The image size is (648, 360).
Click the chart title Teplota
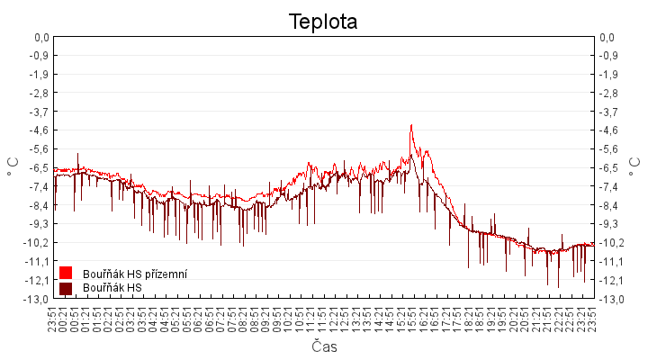tap(323, 22)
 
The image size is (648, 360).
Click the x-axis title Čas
tap(323, 346)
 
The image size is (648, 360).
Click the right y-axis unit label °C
tap(635, 167)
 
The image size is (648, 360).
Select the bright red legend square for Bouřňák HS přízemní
tap(65, 273)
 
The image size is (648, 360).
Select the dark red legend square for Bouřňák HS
tap(65, 288)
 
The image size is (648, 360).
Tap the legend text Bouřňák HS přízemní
tap(134, 273)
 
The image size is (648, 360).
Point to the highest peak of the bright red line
tap(411, 125)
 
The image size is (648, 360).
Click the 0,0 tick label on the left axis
tap(40, 37)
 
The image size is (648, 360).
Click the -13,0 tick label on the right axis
tap(610, 299)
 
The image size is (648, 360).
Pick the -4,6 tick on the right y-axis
tap(608, 130)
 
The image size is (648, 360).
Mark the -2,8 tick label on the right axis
tap(608, 93)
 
